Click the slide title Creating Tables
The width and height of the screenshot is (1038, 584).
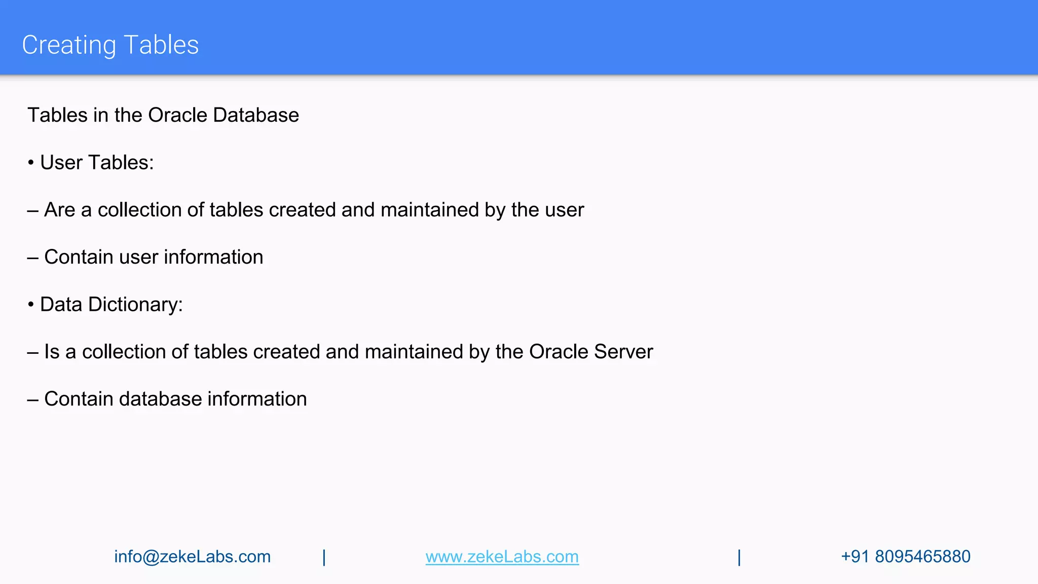point(110,45)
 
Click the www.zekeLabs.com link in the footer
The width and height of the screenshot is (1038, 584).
point(502,557)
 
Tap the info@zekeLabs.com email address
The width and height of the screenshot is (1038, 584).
point(192,557)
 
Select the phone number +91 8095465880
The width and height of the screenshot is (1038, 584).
point(905,557)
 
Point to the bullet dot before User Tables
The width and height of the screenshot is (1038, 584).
point(31,163)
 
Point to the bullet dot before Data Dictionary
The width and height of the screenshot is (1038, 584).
point(31,305)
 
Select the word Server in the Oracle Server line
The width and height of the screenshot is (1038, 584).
point(623,352)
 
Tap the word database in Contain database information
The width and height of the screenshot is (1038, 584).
point(160,399)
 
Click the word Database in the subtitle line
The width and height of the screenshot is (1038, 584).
point(256,115)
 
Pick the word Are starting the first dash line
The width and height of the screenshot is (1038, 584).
point(60,210)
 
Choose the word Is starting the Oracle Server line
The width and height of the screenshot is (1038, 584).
point(52,352)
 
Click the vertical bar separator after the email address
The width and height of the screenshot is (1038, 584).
point(324,557)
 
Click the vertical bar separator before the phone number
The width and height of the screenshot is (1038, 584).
point(739,557)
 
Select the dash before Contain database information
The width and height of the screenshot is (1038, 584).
point(33,399)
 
